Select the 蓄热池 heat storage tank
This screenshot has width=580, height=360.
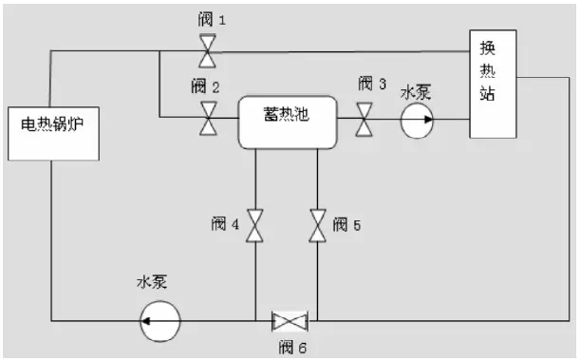pyautogui.click(x=289, y=121)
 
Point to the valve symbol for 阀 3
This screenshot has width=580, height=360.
pyautogui.click(x=365, y=120)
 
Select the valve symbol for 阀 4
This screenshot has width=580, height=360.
pyautogui.click(x=254, y=226)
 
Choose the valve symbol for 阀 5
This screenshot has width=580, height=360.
pyautogui.click(x=316, y=226)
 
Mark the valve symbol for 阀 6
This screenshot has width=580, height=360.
pyautogui.click(x=286, y=320)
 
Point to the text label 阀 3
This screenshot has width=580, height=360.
pyautogui.click(x=371, y=84)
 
